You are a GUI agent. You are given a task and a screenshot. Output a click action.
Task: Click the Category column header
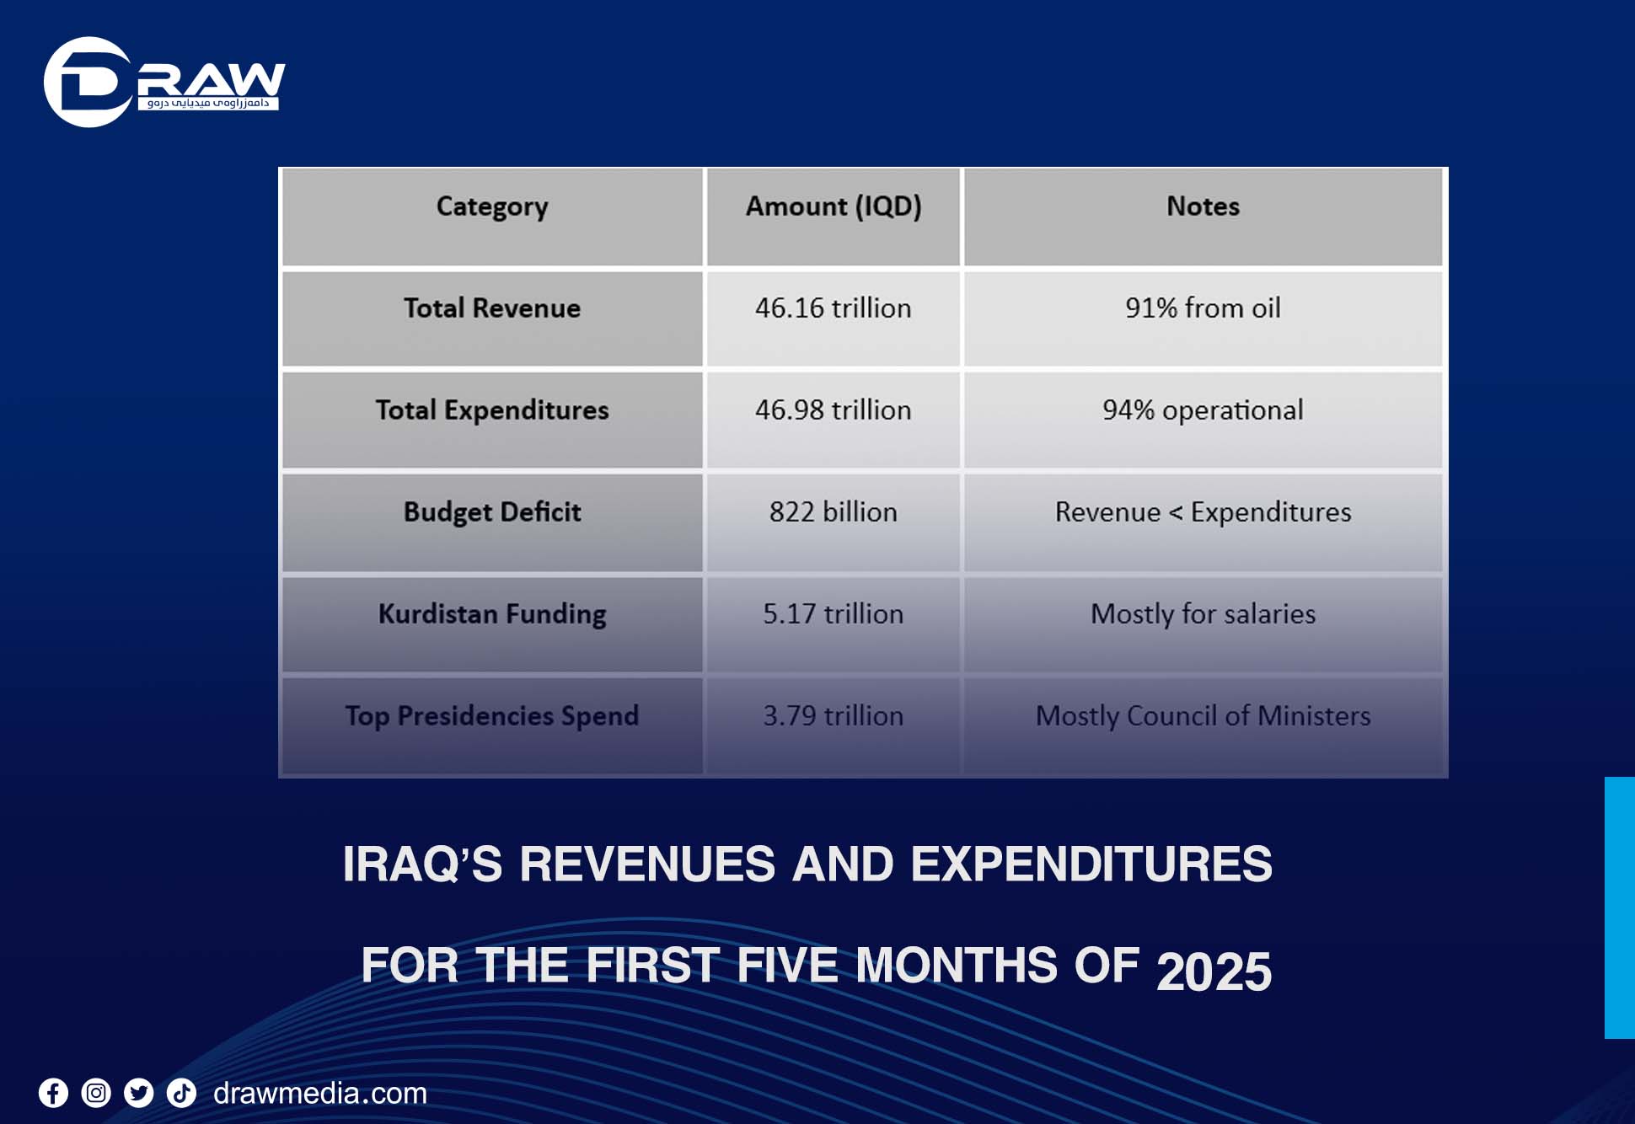click(492, 206)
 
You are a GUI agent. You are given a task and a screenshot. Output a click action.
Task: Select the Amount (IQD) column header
click(834, 206)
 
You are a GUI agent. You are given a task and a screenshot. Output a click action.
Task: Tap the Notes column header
click(1203, 206)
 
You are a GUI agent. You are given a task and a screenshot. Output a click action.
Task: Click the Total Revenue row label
click(492, 308)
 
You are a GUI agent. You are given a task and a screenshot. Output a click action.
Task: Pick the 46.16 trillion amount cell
click(834, 308)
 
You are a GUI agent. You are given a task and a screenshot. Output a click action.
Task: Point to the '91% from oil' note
click(1203, 308)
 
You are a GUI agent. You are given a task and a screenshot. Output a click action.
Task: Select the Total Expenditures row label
click(492, 410)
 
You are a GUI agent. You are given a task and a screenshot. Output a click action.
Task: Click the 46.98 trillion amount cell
click(834, 410)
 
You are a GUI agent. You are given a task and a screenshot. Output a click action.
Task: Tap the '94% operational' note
click(1203, 410)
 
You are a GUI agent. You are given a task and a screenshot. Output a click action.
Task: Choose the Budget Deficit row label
click(492, 512)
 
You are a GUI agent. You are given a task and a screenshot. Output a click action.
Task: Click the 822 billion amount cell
click(834, 512)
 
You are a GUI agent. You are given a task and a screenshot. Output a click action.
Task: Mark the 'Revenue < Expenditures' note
click(1203, 512)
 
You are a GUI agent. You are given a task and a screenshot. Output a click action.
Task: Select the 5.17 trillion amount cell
click(834, 614)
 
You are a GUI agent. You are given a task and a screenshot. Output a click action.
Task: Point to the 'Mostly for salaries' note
click(1203, 614)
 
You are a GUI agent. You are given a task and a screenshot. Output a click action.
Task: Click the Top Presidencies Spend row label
click(492, 716)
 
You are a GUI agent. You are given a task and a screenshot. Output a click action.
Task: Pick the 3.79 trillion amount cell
click(834, 716)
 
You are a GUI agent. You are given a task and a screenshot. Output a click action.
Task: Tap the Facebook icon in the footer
click(53, 1094)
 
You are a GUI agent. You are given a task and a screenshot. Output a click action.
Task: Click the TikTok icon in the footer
click(181, 1094)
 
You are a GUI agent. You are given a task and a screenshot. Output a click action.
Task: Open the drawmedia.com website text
click(320, 1094)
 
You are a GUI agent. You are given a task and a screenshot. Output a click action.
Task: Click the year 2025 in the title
click(1214, 971)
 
